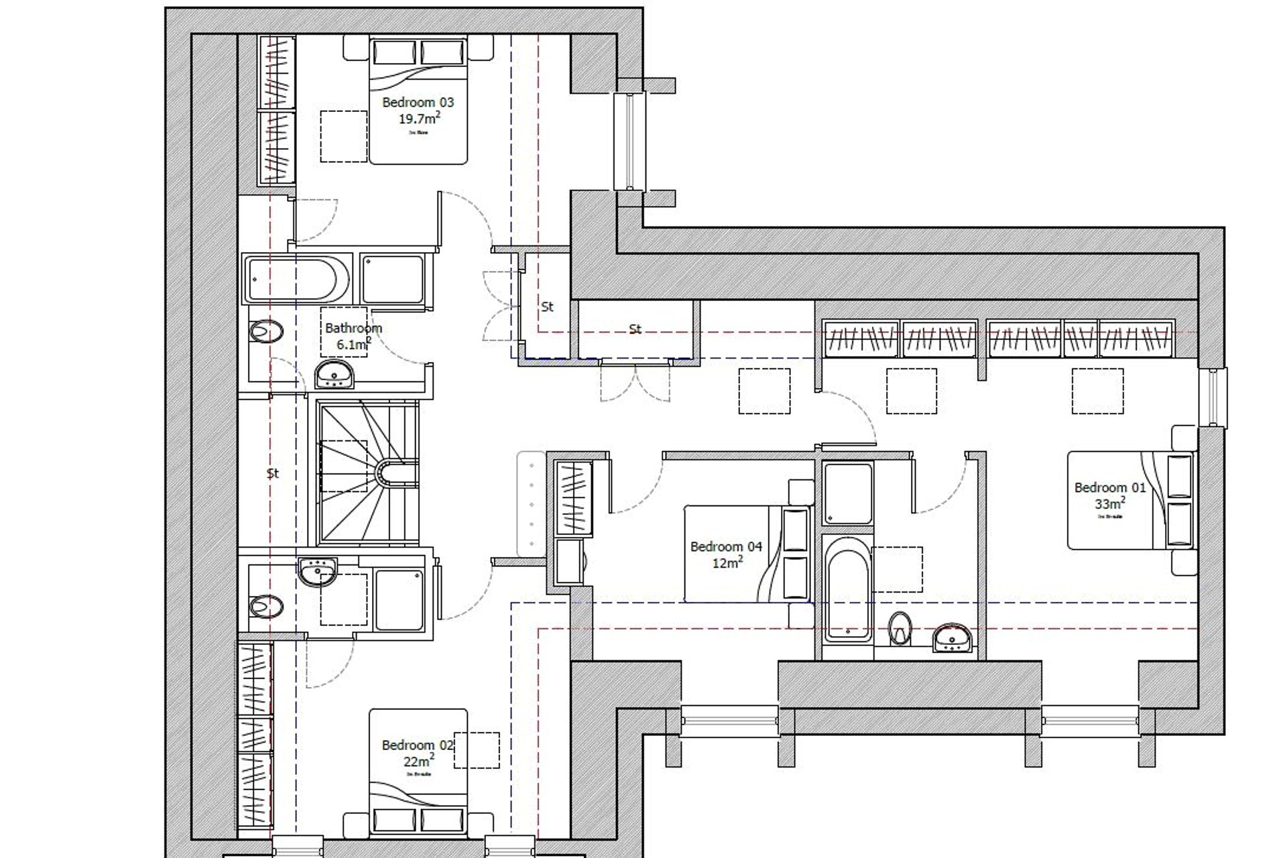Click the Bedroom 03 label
pyautogui.click(x=418, y=103)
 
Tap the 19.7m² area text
pyautogui.click(x=419, y=119)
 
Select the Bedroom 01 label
pyautogui.click(x=1110, y=487)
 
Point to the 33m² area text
pyautogui.click(x=1110, y=503)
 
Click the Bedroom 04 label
pyautogui.click(x=726, y=546)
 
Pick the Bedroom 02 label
pyautogui.click(x=418, y=745)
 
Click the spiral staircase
pyautogui.click(x=367, y=473)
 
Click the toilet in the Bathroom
pyautogui.click(x=266, y=331)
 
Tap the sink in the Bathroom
pyautogui.click(x=334, y=375)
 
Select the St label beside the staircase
pyautogui.click(x=272, y=473)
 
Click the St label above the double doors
pyautogui.click(x=635, y=329)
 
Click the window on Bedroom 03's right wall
pyautogui.click(x=629, y=141)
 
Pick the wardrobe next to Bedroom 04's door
pyautogui.click(x=574, y=497)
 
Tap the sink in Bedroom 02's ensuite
pyautogui.click(x=318, y=571)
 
